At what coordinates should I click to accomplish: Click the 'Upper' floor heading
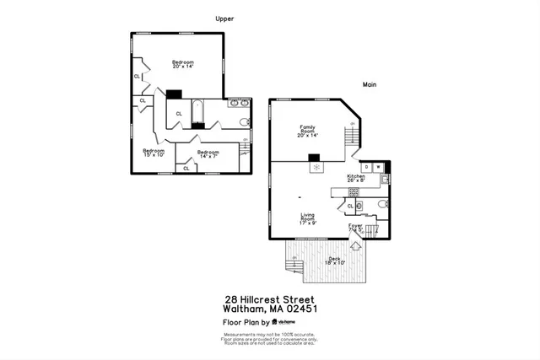tap(224, 19)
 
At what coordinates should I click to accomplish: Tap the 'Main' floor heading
tap(369, 84)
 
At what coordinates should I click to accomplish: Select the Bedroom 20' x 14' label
tap(183, 64)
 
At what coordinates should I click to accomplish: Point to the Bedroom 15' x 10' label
tap(153, 153)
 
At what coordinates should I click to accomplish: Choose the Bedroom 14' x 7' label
tap(208, 153)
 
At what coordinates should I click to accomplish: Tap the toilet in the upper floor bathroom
tap(245, 124)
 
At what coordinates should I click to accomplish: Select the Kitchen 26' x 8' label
tap(356, 178)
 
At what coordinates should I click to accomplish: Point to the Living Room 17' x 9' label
tap(308, 219)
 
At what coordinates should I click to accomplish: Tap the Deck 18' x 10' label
tap(335, 261)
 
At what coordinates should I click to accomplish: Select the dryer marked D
tap(365, 167)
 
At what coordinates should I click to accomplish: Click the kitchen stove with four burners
tap(354, 191)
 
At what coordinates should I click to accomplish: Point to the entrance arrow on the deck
tap(355, 246)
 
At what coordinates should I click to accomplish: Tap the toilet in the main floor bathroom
tap(381, 205)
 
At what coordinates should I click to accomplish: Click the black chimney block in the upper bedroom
tap(175, 94)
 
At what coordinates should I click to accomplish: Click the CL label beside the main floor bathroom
tap(350, 206)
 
